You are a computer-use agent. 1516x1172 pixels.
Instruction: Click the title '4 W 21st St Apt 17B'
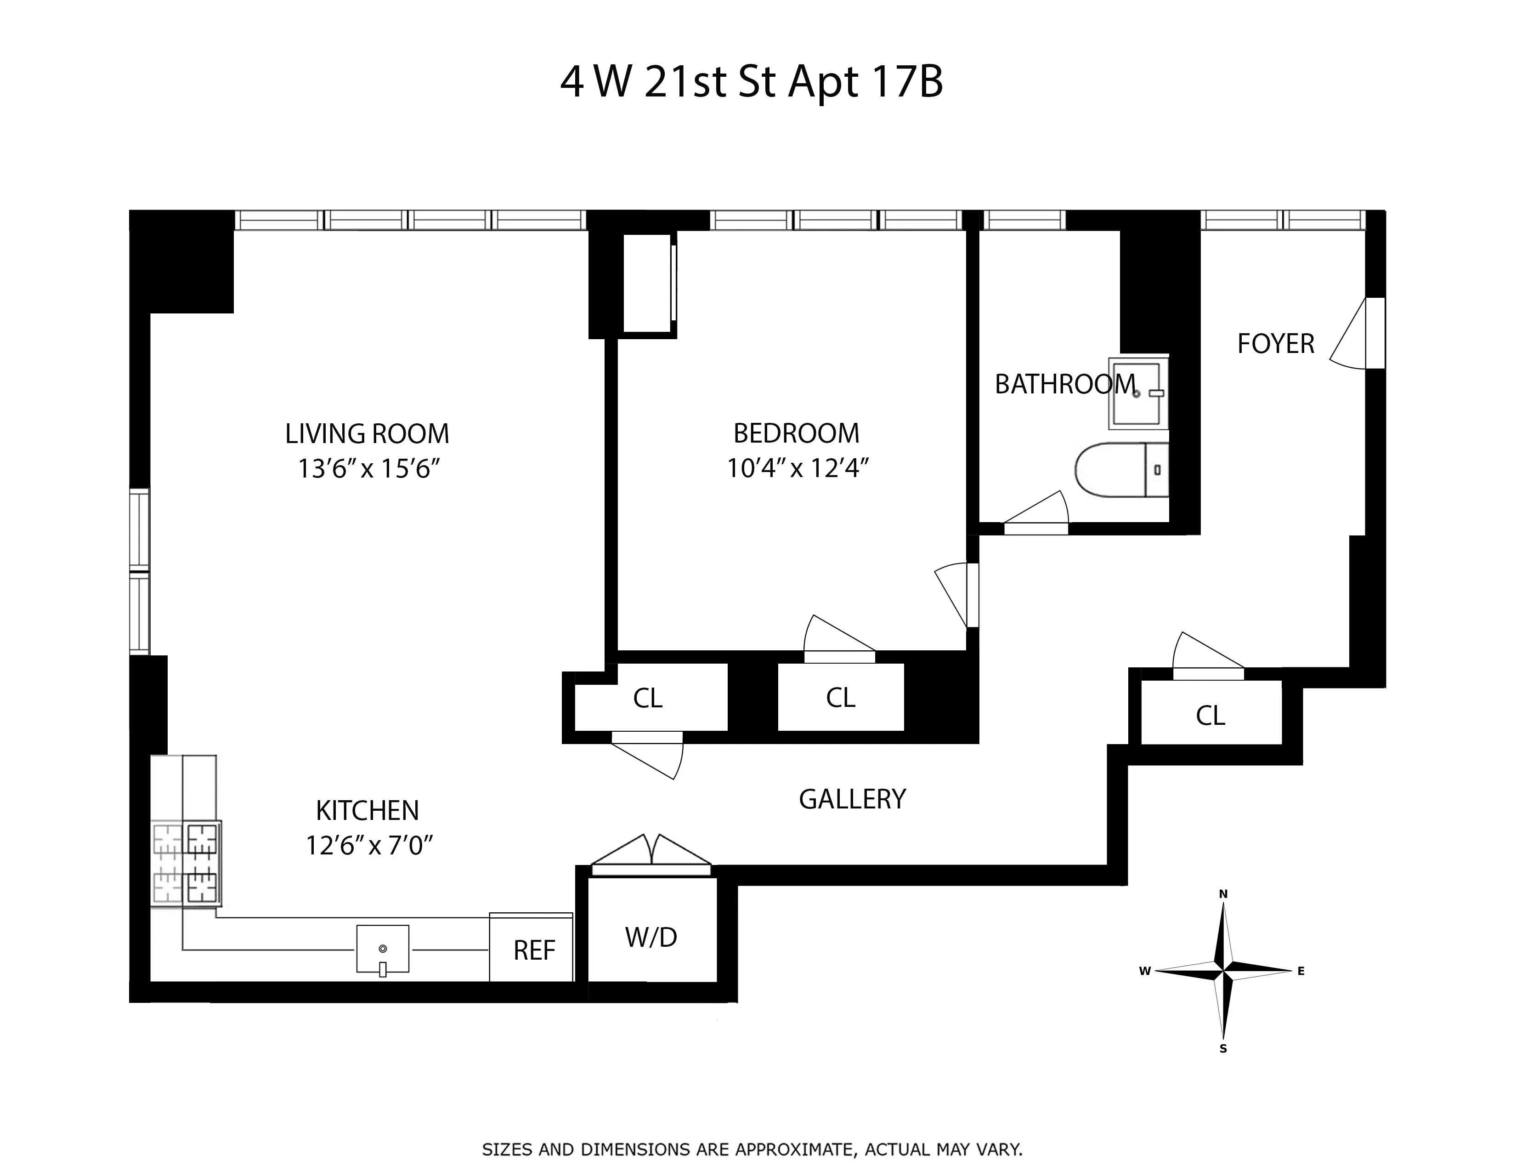pyautogui.click(x=751, y=82)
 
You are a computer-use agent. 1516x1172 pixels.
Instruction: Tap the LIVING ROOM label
pyautogui.click(x=367, y=434)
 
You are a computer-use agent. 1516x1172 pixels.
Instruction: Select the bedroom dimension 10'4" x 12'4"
pyautogui.click(x=798, y=469)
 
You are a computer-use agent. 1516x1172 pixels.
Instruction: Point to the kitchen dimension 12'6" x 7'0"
pyautogui.click(x=369, y=846)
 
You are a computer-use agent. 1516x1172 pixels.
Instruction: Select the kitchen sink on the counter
pyautogui.click(x=383, y=949)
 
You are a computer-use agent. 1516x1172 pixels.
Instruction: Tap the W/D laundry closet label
pyautogui.click(x=651, y=937)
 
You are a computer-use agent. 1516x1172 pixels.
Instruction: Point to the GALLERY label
pyautogui.click(x=852, y=799)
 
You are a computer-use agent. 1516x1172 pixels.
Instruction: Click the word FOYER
pyautogui.click(x=1276, y=344)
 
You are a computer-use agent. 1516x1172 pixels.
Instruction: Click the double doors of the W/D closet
pyautogui.click(x=651, y=853)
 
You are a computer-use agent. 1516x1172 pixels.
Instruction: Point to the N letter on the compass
pyautogui.click(x=1223, y=894)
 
